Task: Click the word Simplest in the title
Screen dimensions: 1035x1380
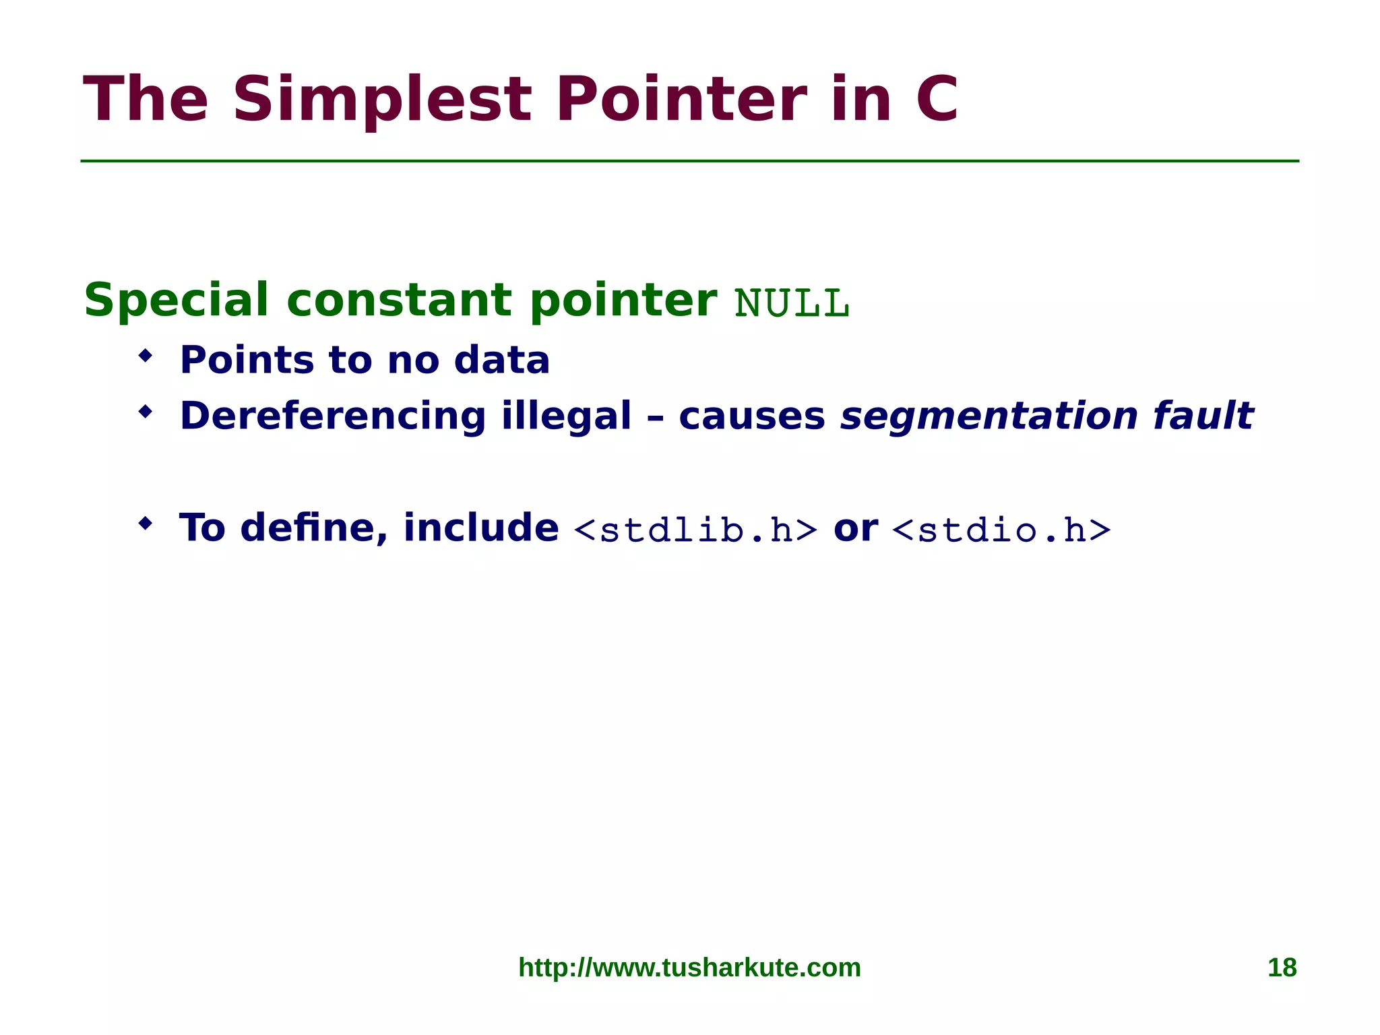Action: [x=383, y=100]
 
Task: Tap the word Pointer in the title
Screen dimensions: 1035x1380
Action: [x=681, y=100]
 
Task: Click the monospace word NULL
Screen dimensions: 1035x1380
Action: [x=792, y=304]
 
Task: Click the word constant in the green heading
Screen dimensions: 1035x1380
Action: [x=399, y=300]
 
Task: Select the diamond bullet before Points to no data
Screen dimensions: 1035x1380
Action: [x=145, y=356]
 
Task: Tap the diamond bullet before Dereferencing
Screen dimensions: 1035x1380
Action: [x=145, y=412]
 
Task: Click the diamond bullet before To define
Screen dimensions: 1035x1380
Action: [x=145, y=524]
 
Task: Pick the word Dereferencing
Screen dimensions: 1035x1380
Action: [x=332, y=416]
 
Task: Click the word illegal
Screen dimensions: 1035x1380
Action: [x=566, y=416]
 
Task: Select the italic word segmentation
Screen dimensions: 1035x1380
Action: [x=989, y=416]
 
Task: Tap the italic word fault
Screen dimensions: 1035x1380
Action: [x=1203, y=416]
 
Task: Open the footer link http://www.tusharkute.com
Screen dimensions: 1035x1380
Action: [x=689, y=968]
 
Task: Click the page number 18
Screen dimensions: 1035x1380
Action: [x=1282, y=968]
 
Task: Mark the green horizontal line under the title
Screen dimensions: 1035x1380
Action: [x=689, y=161]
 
